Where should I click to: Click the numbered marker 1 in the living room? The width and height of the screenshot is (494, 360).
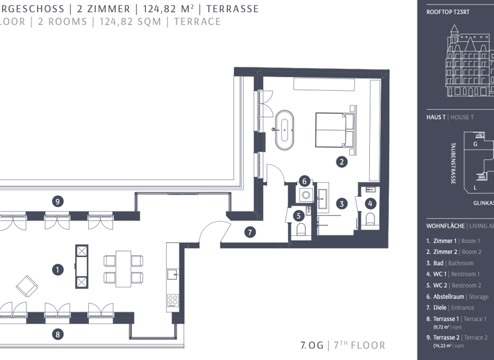58,270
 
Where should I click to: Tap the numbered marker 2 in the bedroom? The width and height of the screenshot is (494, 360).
342,162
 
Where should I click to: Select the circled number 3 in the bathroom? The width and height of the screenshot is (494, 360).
342,204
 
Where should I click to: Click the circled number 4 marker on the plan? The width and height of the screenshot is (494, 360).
370,204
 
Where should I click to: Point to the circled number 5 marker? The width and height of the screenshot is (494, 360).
299,216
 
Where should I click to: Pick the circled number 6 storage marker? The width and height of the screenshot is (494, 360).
305,181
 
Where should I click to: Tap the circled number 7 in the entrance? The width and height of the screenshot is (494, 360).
250,233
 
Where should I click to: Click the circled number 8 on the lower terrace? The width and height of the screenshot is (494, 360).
58,334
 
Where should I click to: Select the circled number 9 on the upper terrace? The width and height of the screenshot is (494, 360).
58,201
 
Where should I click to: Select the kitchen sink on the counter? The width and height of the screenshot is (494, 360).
172,274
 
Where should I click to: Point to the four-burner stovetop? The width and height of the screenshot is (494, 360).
172,300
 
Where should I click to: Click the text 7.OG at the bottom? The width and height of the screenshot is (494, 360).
312,345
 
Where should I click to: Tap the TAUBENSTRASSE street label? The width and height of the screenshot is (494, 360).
453,163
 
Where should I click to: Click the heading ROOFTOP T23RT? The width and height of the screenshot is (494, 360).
448,12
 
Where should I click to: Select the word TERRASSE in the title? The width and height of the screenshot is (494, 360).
233,9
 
